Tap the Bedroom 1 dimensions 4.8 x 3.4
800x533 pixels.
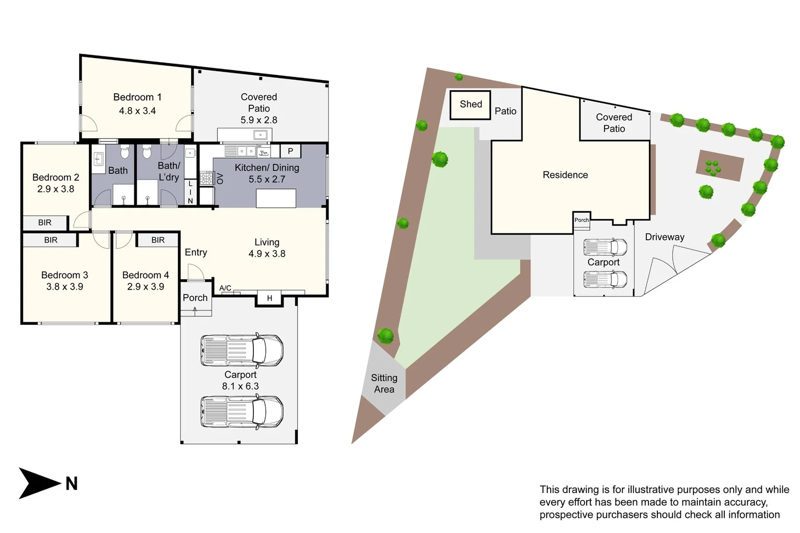(x=137, y=111)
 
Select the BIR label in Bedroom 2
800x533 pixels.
(x=45, y=223)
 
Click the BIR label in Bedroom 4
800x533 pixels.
(x=158, y=240)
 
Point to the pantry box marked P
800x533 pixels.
(x=290, y=151)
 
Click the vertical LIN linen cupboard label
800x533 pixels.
(x=190, y=192)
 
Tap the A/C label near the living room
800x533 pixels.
(x=225, y=288)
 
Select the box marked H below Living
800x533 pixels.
(x=270, y=298)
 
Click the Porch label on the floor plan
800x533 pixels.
(x=195, y=298)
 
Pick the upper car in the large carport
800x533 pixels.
(x=242, y=350)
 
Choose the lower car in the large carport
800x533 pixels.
(x=242, y=411)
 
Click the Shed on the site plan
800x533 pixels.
(x=471, y=104)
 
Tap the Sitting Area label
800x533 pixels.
(x=384, y=383)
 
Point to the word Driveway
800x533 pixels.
(x=665, y=237)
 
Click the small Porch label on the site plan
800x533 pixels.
(x=582, y=220)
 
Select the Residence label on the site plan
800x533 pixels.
(x=565, y=175)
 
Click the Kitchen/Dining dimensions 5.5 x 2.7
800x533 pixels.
(x=267, y=179)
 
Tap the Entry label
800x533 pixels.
(x=196, y=252)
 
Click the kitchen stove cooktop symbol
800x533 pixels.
(x=206, y=178)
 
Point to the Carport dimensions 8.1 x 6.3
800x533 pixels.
(x=240, y=386)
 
